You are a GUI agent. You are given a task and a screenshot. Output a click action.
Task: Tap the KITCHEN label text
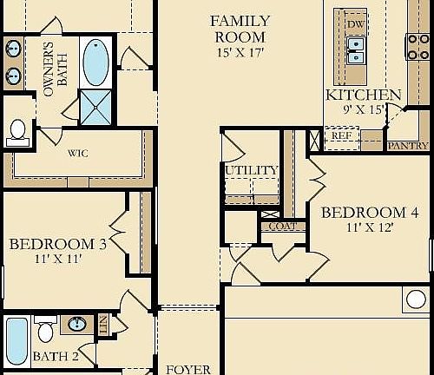coord(363,95)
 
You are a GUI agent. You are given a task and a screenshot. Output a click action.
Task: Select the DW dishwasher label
coord(356,23)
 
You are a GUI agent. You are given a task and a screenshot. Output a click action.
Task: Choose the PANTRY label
coord(406,145)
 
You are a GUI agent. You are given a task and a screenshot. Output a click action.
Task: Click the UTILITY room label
coord(251,170)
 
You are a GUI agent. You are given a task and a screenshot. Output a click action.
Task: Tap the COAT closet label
coord(283,227)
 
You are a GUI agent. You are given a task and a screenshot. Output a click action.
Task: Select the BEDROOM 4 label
coord(364,213)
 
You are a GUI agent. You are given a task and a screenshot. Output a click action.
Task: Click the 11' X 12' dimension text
coord(364,228)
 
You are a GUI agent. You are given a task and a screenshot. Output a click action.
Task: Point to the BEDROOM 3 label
coord(57,244)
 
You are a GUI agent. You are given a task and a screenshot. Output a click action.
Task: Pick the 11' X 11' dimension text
coord(57,260)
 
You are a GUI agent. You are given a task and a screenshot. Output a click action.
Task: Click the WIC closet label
coord(78,153)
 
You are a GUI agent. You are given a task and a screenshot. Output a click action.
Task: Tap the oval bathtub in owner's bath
coord(96,60)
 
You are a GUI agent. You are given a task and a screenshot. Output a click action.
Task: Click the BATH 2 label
coord(56,356)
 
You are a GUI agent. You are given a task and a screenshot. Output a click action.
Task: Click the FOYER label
coord(188,369)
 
